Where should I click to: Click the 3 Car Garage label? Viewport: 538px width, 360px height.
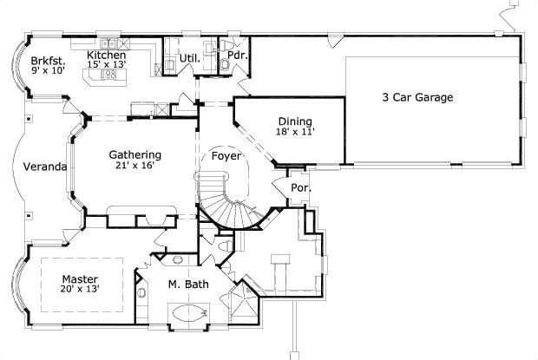(x=417, y=98)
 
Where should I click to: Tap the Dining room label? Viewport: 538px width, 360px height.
(x=295, y=121)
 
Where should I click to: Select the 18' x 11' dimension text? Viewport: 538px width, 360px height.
(x=296, y=133)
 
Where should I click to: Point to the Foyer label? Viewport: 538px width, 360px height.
(x=227, y=158)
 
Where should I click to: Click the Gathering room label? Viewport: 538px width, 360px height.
(x=134, y=155)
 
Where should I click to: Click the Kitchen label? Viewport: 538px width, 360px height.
(x=107, y=55)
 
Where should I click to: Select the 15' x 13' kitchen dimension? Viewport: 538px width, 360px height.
(x=107, y=65)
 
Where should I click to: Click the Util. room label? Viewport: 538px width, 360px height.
(x=190, y=59)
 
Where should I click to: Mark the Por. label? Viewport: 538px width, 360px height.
(x=301, y=187)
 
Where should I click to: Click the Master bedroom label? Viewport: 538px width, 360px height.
(x=79, y=278)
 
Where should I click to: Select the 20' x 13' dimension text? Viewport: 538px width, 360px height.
(x=80, y=290)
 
